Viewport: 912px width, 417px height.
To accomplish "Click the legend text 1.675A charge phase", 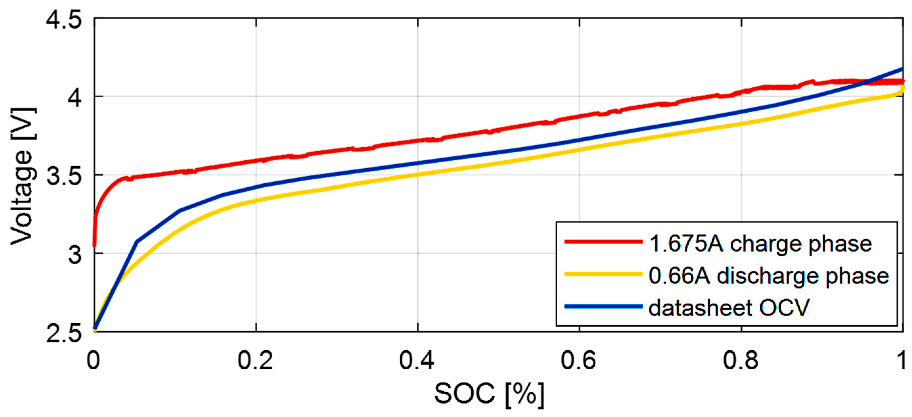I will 761,244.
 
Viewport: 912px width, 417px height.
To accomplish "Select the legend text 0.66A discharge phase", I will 768,276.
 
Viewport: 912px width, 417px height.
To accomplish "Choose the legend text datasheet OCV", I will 729,307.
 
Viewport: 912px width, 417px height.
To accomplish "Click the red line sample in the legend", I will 603,242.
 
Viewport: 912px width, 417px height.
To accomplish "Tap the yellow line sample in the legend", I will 603,273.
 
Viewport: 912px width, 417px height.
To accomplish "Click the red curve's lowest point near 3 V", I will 94,245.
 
